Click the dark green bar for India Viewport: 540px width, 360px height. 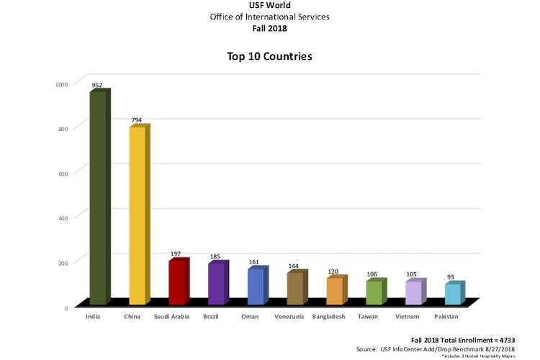[x=98, y=198]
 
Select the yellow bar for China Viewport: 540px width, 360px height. [x=137, y=216]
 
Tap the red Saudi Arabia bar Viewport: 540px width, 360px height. [x=176, y=282]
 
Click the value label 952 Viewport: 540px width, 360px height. [x=96, y=86]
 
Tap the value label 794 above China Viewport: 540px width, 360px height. [x=136, y=120]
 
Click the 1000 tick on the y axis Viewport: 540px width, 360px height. [x=61, y=84]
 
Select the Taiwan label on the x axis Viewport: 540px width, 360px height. [x=367, y=316]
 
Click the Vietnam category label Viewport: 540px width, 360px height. [x=407, y=316]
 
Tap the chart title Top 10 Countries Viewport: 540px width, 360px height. [x=269, y=56]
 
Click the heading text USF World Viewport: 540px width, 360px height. [x=269, y=6]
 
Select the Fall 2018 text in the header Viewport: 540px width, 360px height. [x=269, y=28]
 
